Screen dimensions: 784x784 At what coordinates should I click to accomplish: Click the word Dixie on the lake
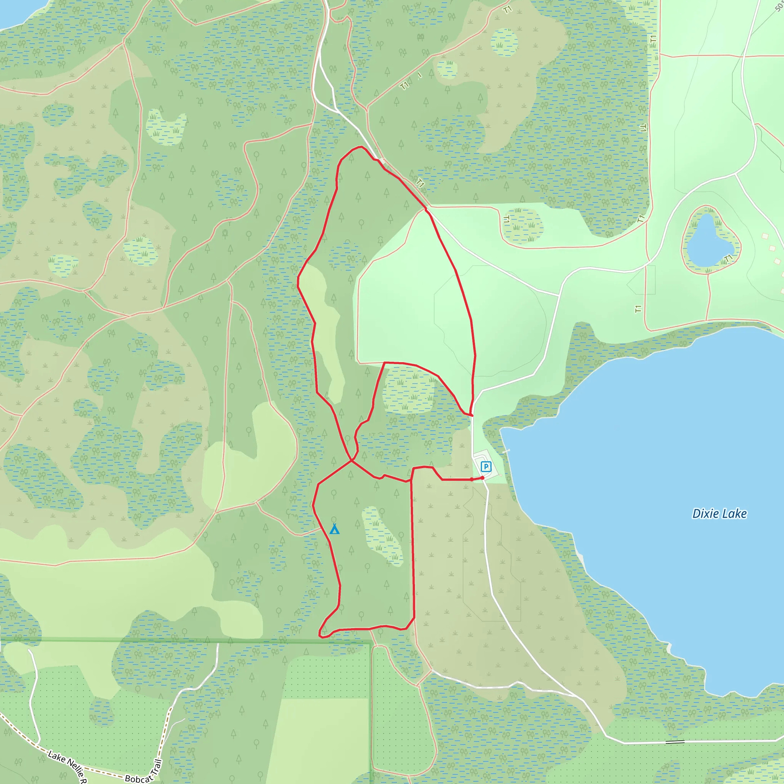tap(703, 514)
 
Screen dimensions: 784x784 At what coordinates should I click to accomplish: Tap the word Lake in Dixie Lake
tap(734, 514)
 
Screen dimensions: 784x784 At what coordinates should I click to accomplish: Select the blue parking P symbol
tap(486, 467)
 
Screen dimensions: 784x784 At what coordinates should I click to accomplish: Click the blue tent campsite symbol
tap(334, 529)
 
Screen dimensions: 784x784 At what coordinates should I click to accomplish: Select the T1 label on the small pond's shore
tap(728, 258)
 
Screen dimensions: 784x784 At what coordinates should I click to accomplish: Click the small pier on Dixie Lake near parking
tap(506, 451)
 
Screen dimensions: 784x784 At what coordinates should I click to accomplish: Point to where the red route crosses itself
tap(351, 461)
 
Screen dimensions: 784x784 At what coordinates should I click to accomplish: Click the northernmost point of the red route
tap(359, 147)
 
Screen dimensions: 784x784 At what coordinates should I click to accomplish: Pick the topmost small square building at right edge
tap(765, 236)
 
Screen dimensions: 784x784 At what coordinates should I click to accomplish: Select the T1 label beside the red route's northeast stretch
tap(420, 183)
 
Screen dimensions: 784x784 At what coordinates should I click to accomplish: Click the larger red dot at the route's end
tap(482, 478)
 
